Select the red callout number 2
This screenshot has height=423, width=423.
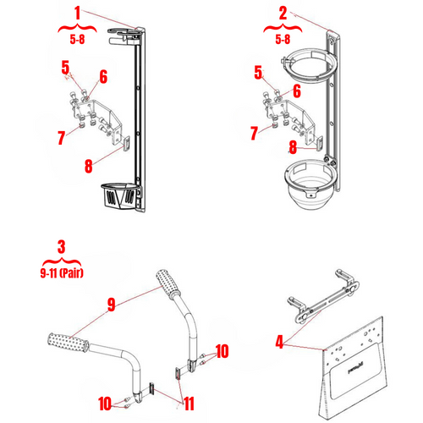click(283, 14)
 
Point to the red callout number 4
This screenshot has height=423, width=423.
click(280, 343)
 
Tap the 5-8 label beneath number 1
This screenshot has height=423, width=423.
click(77, 38)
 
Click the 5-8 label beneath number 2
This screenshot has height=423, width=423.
click(283, 38)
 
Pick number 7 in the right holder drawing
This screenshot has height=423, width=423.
click(254, 133)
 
